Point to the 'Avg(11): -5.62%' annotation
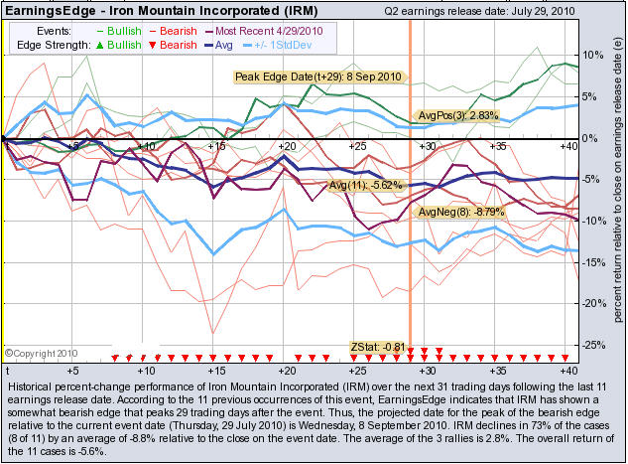click(x=369, y=186)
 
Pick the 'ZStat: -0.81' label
click(x=379, y=347)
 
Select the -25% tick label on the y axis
click(x=592, y=345)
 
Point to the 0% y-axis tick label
click(x=589, y=138)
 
